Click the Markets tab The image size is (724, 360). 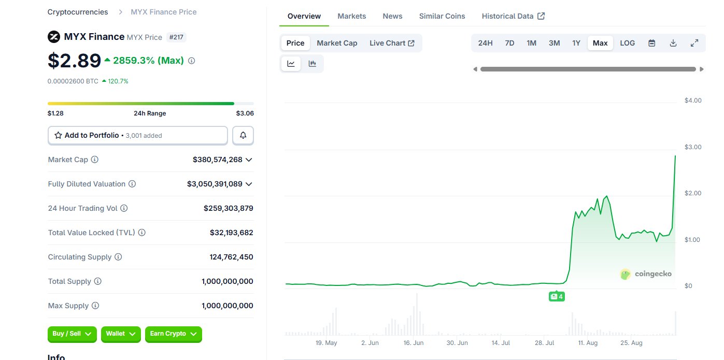point(352,16)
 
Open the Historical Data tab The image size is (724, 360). point(513,16)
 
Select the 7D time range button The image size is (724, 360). point(509,43)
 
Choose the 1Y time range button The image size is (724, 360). point(576,43)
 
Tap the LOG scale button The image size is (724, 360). point(628,43)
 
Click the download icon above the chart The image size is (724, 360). point(673,43)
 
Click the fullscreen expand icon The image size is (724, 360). point(694,43)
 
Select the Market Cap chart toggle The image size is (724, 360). point(337,43)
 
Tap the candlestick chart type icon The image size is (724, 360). point(312,63)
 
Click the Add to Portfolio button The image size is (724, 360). point(138,135)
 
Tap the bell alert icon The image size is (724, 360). point(243,135)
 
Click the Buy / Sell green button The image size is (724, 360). point(72,334)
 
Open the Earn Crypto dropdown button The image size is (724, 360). point(174,334)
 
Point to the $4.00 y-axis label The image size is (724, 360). point(693,100)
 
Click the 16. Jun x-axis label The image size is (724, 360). point(414,343)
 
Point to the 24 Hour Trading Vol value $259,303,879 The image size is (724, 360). point(228,208)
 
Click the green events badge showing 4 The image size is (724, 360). point(557,296)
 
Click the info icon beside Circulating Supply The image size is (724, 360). point(118,257)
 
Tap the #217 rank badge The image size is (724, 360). point(176,37)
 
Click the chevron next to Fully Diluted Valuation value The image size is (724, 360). point(249,184)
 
